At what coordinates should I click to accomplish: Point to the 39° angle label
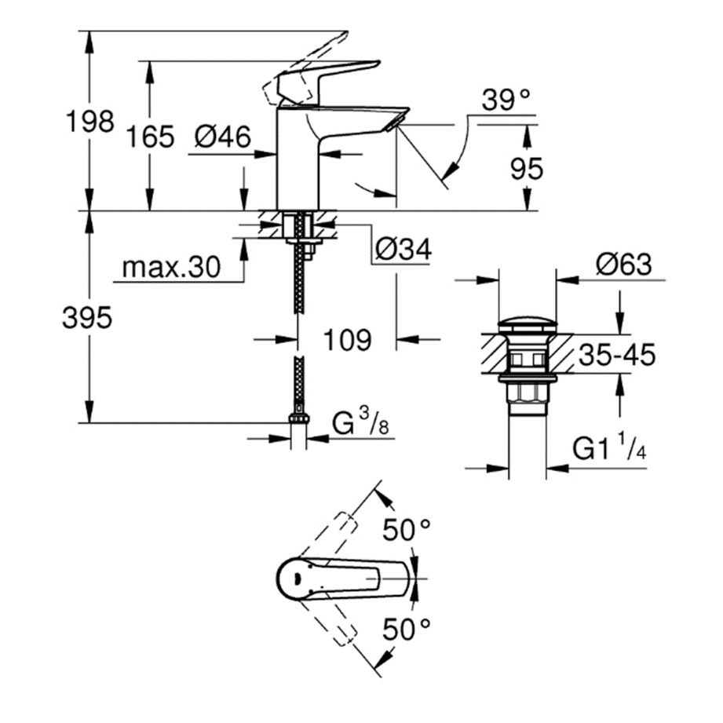[506, 100]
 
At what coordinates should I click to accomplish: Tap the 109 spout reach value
[346, 339]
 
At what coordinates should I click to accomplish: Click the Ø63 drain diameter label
[623, 265]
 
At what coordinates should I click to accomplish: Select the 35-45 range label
[617, 356]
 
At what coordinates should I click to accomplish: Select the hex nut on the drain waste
[528, 391]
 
